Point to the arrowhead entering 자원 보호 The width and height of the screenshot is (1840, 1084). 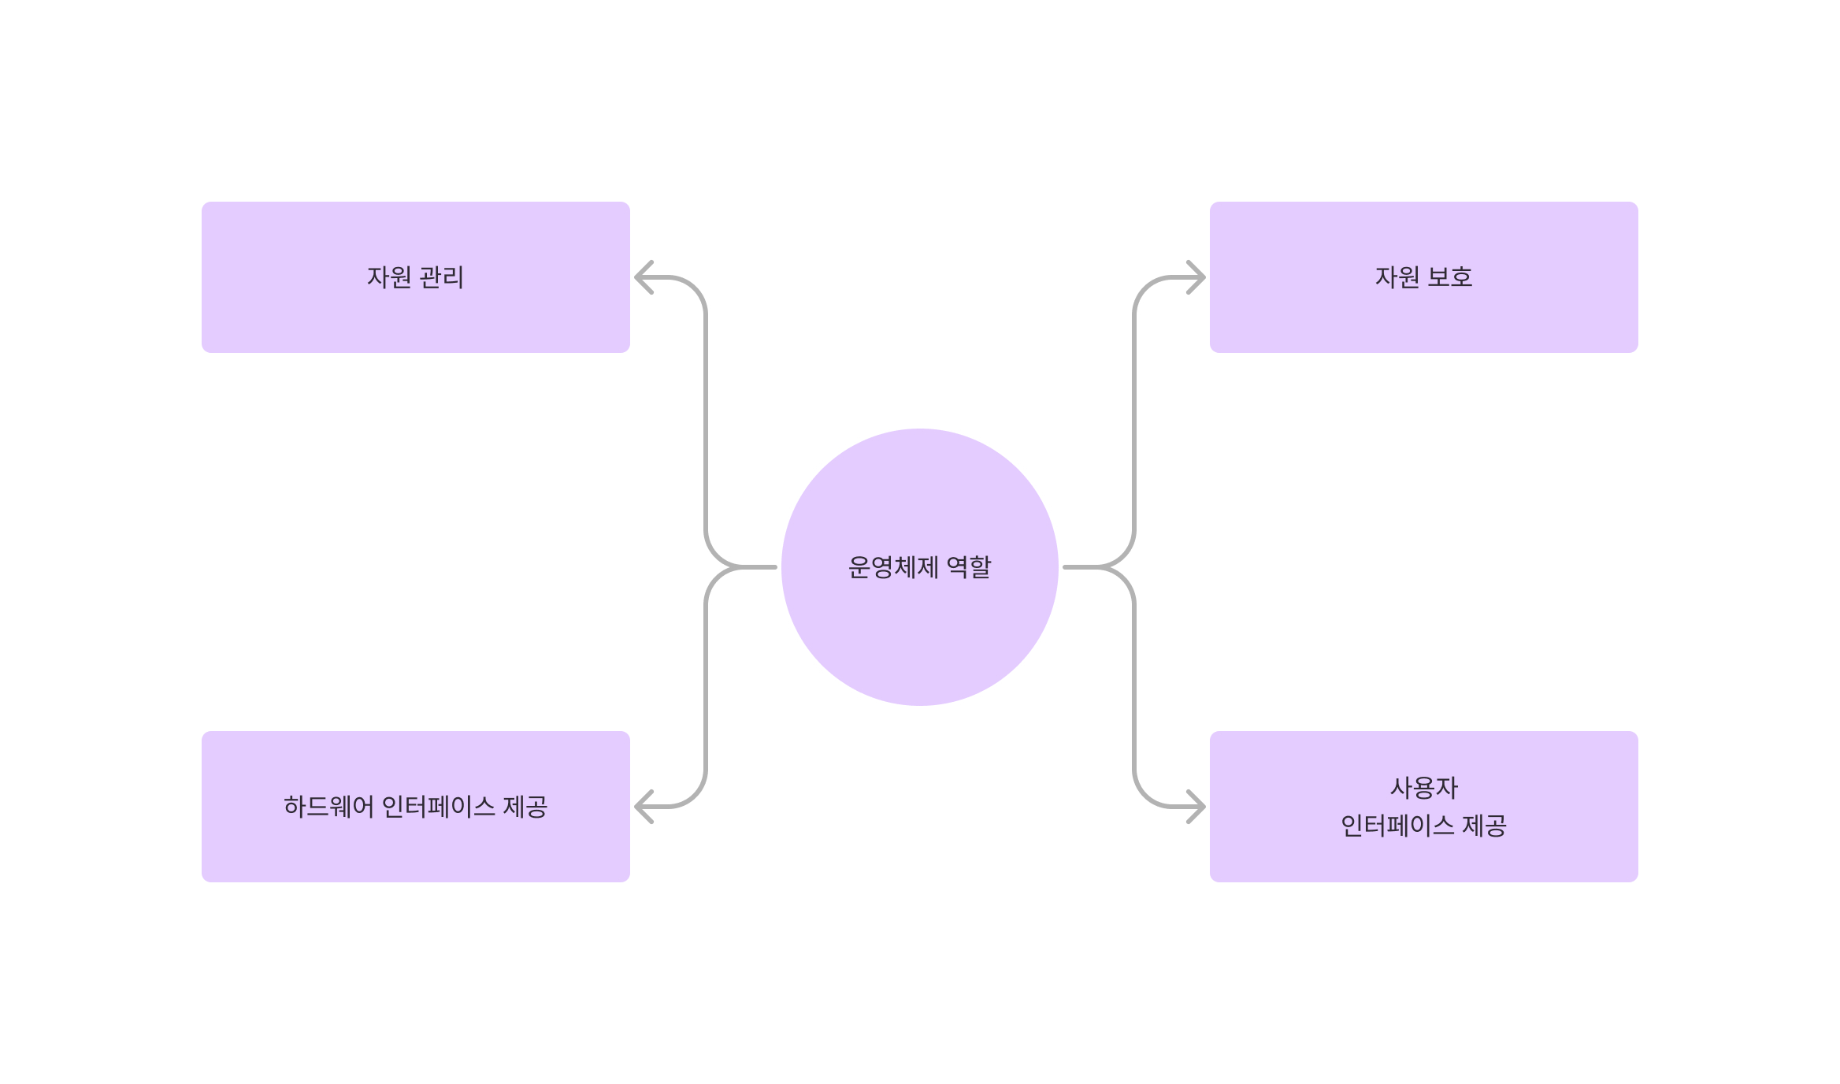coord(1196,277)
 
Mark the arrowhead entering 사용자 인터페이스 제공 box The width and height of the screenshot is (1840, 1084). coord(1196,807)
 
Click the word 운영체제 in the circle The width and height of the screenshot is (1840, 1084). coord(892,567)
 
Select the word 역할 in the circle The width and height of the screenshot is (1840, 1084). coord(969,567)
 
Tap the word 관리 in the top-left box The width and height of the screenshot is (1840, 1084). coord(442,277)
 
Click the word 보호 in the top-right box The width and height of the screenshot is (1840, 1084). coord(1450,277)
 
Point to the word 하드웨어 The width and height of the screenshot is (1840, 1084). coord(328,807)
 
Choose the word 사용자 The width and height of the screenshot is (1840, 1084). coord(1423,788)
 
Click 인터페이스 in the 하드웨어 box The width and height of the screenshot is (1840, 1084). coord(438,807)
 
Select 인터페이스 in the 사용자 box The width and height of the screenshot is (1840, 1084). coord(1397,826)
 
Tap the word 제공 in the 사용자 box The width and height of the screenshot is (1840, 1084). coord(1484,826)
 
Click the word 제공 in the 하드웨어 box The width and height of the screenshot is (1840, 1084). coord(525,807)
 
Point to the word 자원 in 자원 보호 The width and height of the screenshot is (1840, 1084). coord(1397,277)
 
